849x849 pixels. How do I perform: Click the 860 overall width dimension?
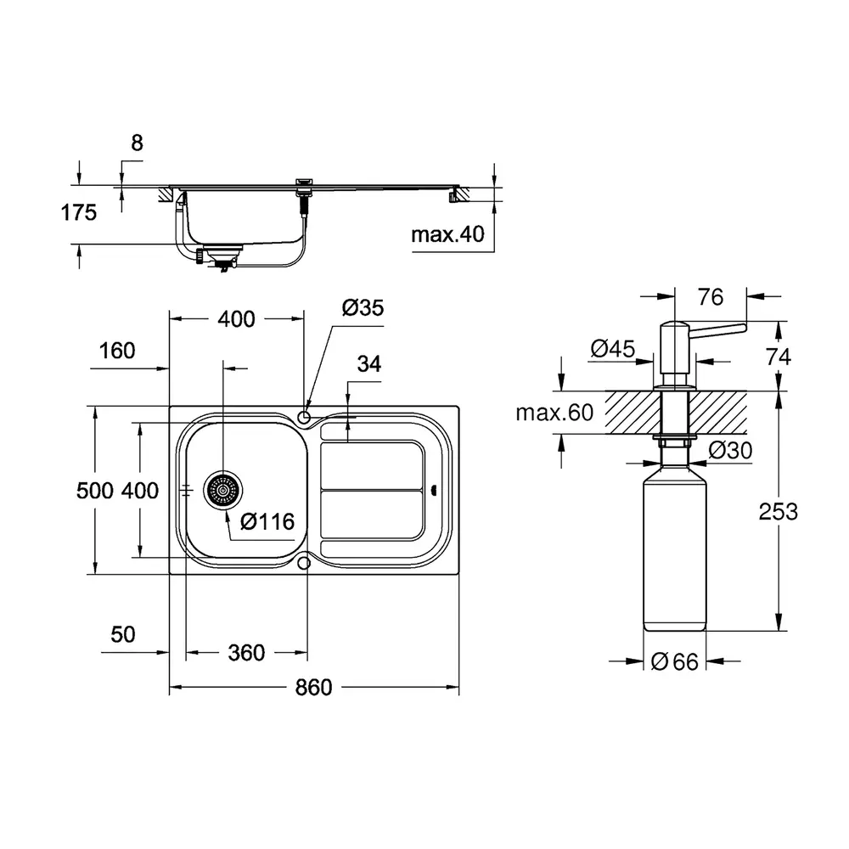(x=313, y=687)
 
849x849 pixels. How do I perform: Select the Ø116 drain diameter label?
(x=267, y=521)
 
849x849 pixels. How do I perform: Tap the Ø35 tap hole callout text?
(x=363, y=307)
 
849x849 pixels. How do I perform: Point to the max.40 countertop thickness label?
(x=447, y=234)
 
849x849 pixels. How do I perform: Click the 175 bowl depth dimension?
(x=78, y=212)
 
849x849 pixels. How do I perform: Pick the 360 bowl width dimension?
(x=246, y=652)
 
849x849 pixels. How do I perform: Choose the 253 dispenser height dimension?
(x=778, y=512)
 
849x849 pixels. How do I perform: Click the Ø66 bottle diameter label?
(x=675, y=661)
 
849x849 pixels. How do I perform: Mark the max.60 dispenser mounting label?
(x=554, y=413)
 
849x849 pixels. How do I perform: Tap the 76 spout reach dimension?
(x=711, y=296)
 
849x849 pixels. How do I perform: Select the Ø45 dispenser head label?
(x=613, y=348)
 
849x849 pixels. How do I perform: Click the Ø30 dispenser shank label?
(x=730, y=450)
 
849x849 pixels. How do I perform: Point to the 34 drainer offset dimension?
(x=368, y=364)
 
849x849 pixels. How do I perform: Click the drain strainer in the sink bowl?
(x=223, y=490)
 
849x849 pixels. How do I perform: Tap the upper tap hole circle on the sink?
(x=304, y=417)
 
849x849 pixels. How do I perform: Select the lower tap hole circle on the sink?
(x=304, y=563)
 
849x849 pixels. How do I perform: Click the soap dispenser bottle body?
(x=675, y=547)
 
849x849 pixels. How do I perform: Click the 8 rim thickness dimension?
(x=137, y=143)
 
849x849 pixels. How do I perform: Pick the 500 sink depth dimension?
(x=95, y=491)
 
